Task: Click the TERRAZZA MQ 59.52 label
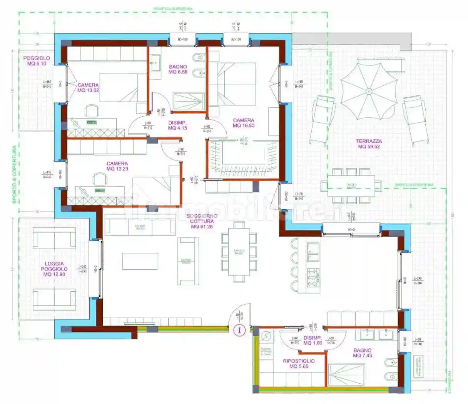tap(368, 144)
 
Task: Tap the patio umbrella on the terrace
tap(368, 91)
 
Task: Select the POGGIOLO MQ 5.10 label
tap(37, 61)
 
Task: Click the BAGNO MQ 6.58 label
tap(178, 69)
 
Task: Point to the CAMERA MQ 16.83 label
tap(244, 123)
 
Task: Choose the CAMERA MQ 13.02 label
tap(88, 88)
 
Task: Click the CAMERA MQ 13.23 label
tap(117, 166)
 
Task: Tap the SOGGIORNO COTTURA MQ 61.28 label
tap(202, 221)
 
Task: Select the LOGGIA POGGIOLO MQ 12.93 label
tap(54, 269)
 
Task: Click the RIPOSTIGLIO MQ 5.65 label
tap(299, 364)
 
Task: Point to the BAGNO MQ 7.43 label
tap(362, 353)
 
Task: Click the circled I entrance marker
tap(239, 330)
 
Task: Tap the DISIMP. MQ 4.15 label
tap(177, 125)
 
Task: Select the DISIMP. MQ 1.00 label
tap(313, 341)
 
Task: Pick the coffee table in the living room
tap(140, 261)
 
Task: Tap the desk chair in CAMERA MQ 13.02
tap(91, 110)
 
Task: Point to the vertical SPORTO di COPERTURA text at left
tap(15, 174)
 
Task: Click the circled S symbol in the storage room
tap(266, 336)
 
